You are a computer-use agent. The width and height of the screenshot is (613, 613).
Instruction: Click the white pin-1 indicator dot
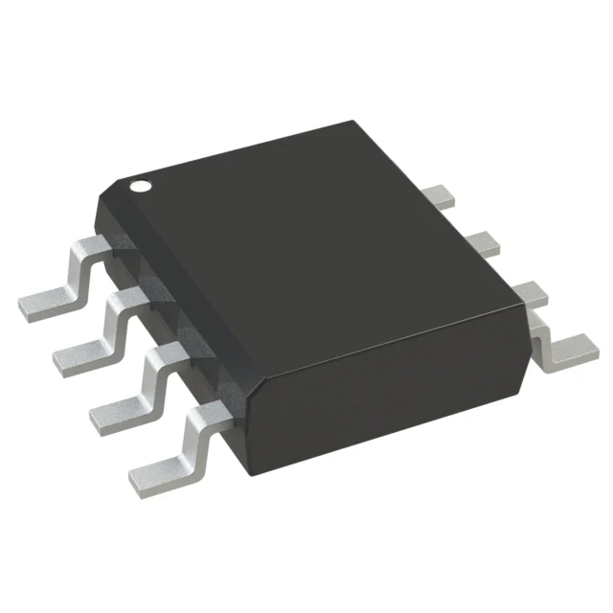pyautogui.click(x=141, y=185)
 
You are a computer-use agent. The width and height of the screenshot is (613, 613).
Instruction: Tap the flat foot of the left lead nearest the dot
pyautogui.click(x=43, y=304)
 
